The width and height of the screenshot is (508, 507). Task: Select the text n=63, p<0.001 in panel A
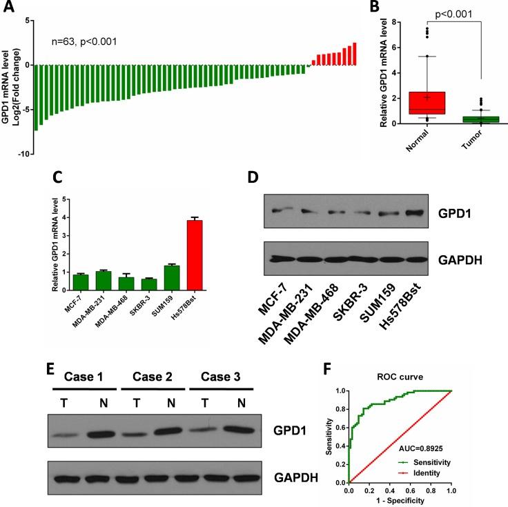pos(84,41)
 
